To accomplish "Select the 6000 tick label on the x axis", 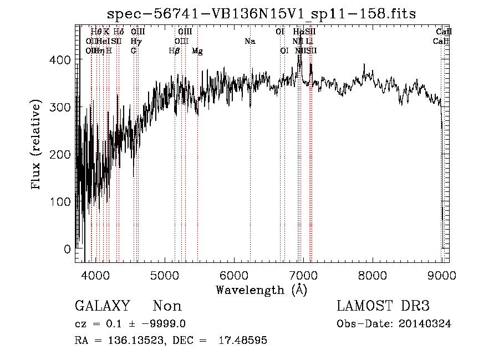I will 233,276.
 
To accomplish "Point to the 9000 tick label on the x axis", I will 441,276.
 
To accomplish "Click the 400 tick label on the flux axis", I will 63,59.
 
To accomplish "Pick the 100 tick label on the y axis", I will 63,201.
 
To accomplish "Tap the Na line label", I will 249,41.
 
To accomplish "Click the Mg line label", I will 197,51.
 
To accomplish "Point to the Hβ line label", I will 174,51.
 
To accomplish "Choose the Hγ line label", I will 136,41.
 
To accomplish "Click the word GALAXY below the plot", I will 103,306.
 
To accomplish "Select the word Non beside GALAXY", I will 167,306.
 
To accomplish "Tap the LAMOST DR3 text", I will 383,306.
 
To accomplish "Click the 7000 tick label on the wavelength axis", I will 303,276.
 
